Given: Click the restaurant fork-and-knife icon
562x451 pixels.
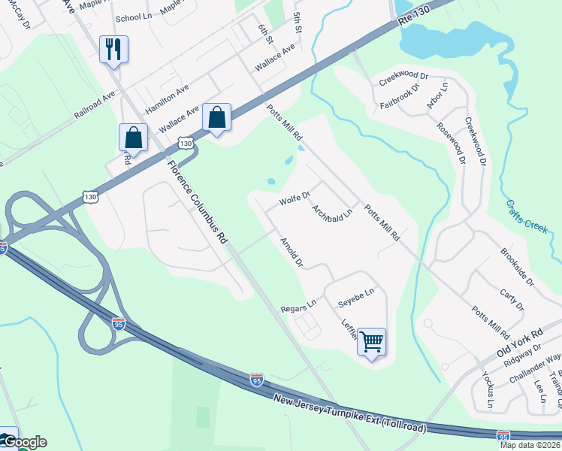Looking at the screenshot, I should [113, 50].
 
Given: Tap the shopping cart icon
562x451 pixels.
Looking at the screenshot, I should [371, 342].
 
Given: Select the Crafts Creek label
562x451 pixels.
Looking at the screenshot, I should [526, 216].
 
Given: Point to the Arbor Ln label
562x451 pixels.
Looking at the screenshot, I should [437, 96].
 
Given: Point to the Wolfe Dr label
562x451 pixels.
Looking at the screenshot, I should [295, 200].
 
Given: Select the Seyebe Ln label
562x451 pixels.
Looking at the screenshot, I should [355, 296].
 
